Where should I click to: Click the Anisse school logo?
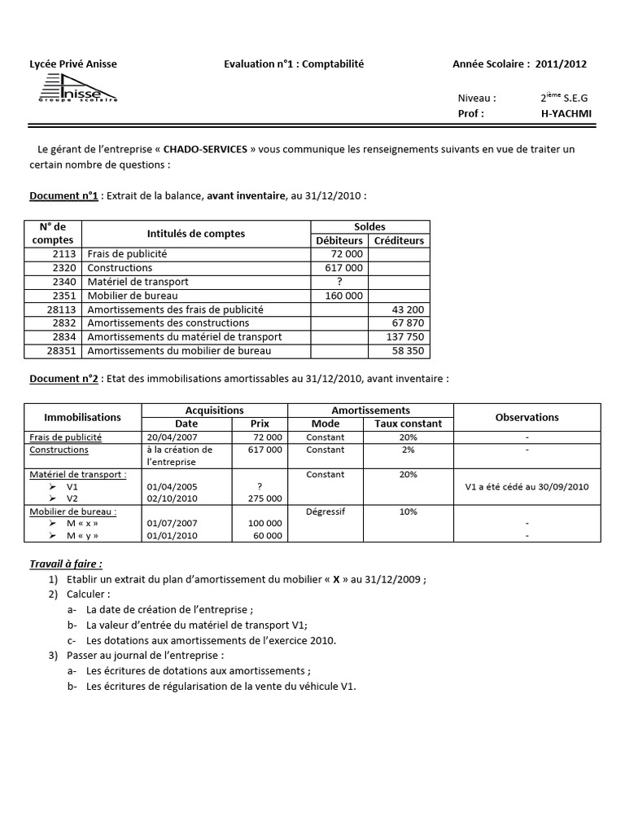(79, 89)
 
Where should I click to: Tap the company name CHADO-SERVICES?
(204, 149)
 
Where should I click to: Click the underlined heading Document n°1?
(63, 196)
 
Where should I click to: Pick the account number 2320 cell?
(64, 268)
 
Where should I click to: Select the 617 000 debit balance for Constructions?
(343, 268)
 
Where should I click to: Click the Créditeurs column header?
(399, 240)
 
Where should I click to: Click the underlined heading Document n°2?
(63, 379)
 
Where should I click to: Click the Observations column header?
(527, 417)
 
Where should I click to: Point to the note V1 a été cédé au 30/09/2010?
(527, 486)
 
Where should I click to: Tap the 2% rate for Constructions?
(408, 450)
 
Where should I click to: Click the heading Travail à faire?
(66, 564)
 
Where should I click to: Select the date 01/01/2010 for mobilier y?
(169, 535)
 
